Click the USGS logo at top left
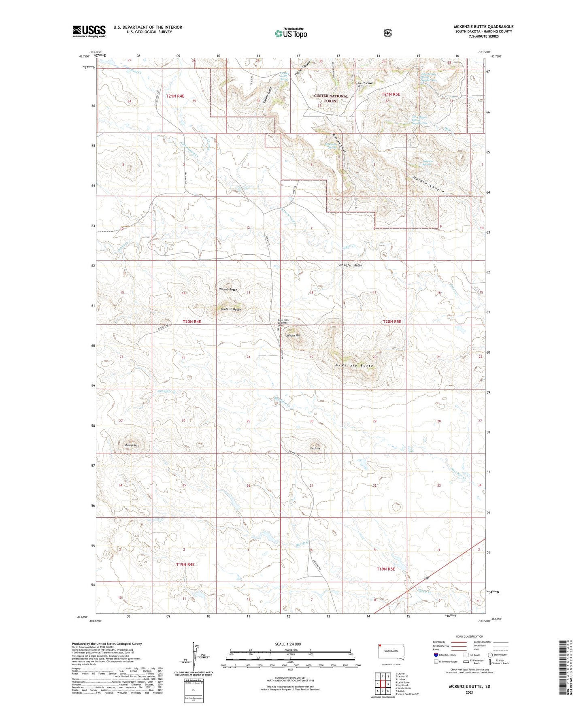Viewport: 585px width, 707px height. (89, 31)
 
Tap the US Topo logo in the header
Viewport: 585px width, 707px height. (291, 33)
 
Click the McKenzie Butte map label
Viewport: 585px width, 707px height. (354, 366)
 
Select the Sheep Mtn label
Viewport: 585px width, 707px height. (132, 445)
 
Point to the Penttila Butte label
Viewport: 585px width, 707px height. (231, 309)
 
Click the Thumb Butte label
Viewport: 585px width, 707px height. (228, 290)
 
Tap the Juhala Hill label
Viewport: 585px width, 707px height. (293, 336)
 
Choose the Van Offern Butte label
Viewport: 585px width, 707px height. (350, 265)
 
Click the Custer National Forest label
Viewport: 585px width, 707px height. (331, 98)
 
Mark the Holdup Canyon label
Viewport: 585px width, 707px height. (428, 185)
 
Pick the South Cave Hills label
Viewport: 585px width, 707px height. (366, 85)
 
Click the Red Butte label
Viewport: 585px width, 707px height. (315, 448)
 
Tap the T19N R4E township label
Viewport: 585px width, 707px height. (185, 564)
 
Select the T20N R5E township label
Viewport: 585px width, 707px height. (392, 322)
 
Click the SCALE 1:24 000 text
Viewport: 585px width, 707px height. (288, 644)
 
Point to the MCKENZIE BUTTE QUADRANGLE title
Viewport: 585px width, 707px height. (483, 27)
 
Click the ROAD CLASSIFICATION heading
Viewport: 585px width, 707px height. (469, 637)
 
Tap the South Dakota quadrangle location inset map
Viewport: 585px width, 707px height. (391, 652)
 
